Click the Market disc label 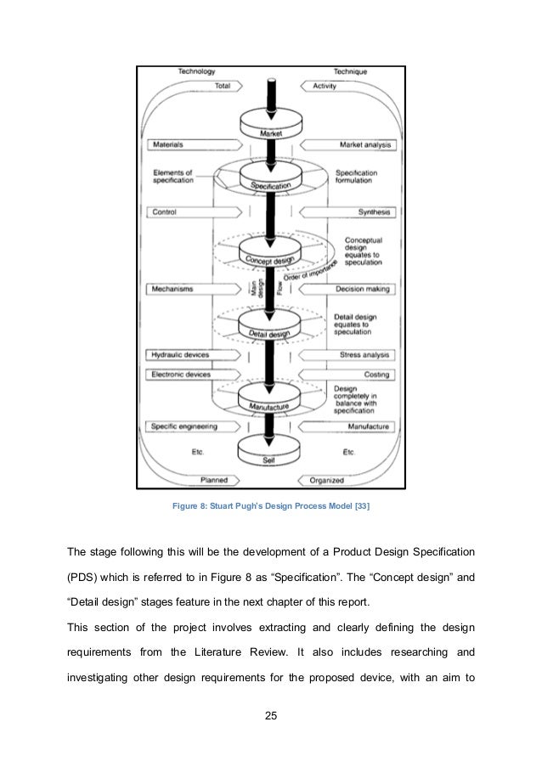(x=271, y=133)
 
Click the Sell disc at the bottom (x=271, y=459)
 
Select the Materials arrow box (x=183, y=144)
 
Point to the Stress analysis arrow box (x=357, y=354)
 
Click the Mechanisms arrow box (x=183, y=289)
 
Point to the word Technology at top (x=195, y=71)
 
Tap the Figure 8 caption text (x=271, y=507)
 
